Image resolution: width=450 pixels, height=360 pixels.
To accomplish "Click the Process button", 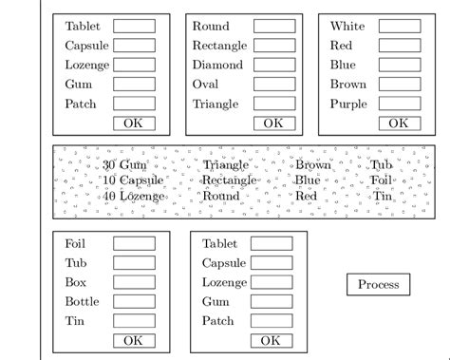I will (x=379, y=284).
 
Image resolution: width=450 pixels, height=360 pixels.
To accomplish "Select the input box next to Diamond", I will (x=273, y=66).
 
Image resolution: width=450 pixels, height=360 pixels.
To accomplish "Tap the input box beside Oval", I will (x=273, y=85).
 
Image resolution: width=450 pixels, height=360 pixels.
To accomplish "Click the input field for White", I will (x=400, y=27).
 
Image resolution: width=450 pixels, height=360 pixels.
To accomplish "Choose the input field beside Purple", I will (x=400, y=104).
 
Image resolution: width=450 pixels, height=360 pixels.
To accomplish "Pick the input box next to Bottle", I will (x=134, y=302).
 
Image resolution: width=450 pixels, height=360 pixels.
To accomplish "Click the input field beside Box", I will (x=134, y=282).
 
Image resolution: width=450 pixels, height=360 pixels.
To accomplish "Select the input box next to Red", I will (x=400, y=46).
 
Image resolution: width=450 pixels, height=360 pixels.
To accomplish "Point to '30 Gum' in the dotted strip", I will (x=125, y=165).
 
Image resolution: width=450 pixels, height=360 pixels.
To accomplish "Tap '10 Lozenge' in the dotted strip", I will (x=134, y=196).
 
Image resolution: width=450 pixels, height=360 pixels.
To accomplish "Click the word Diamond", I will (x=217, y=66).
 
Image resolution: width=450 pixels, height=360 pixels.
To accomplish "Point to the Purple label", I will (x=348, y=104).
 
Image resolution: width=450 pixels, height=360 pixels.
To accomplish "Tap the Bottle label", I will (x=82, y=302).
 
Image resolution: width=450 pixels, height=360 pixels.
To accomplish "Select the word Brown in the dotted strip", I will (x=313, y=165).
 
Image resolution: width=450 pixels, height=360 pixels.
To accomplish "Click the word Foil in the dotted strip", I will (x=381, y=180).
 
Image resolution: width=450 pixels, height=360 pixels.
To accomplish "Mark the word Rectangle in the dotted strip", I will (x=229, y=180).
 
